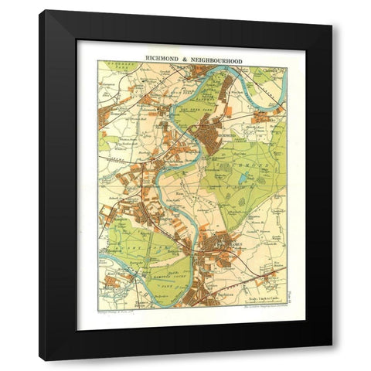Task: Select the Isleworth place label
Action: click(155, 116)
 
